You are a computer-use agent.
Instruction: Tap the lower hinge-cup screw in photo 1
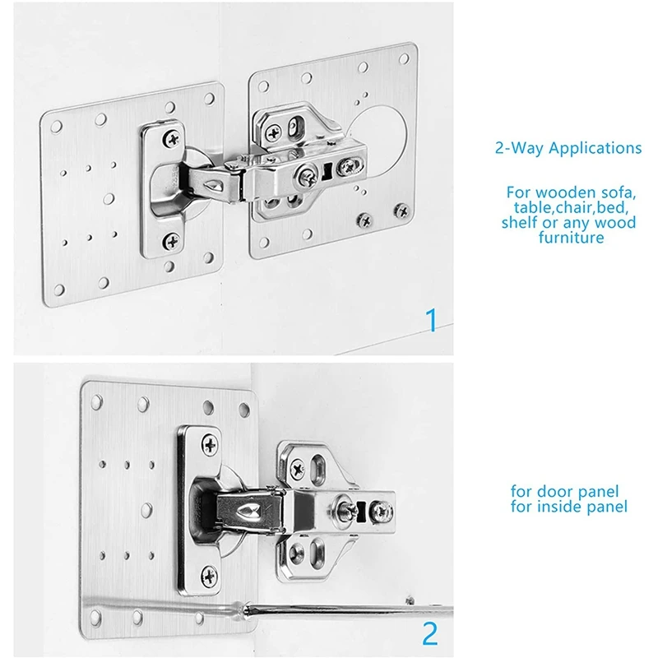[172, 241]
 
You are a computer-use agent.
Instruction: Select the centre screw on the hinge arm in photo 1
[309, 174]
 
